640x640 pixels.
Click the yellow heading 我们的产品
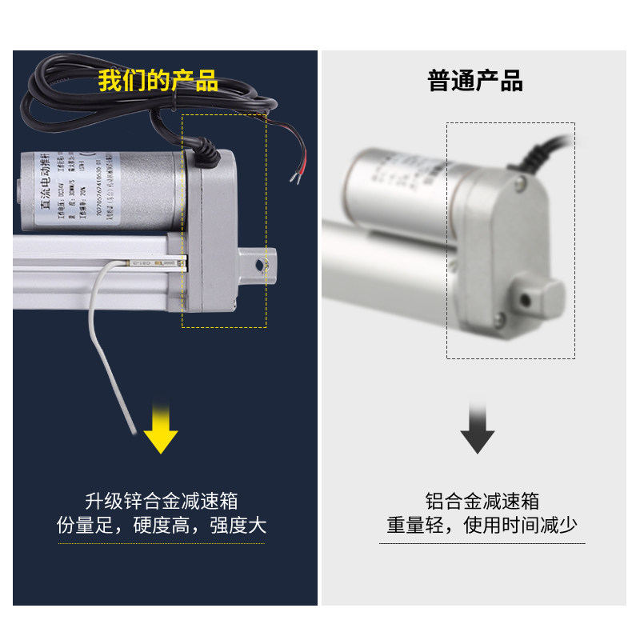coord(158,82)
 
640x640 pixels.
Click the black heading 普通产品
coord(475,82)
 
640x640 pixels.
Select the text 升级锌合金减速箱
coord(161,501)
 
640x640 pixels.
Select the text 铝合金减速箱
coord(482,501)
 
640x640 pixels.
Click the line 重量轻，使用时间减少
coord(482,526)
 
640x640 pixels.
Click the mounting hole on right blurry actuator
coord(526,299)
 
